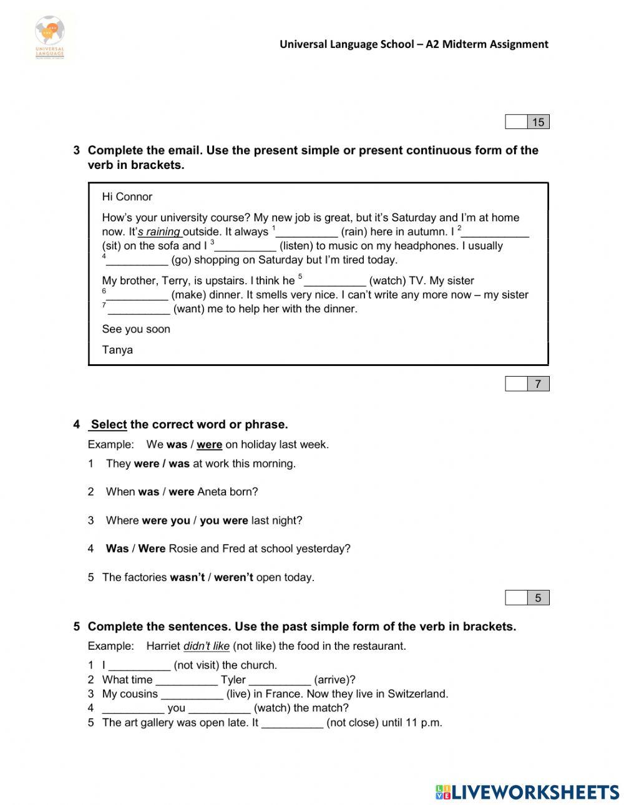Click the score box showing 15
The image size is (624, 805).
(x=527, y=122)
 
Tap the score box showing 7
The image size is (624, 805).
(x=527, y=384)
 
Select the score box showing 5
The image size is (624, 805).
(x=527, y=598)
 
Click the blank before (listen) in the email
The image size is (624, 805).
(x=245, y=247)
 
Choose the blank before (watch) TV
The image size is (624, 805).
(x=335, y=282)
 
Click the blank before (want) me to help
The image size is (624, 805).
(x=139, y=310)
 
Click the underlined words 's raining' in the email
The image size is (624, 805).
(x=159, y=232)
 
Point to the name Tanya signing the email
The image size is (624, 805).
(x=117, y=350)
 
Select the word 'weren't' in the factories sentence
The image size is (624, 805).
(x=233, y=577)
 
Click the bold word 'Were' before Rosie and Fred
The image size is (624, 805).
(x=152, y=549)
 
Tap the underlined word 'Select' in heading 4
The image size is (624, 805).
(x=109, y=425)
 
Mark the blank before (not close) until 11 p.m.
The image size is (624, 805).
(x=293, y=724)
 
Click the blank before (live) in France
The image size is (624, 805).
(x=192, y=695)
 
